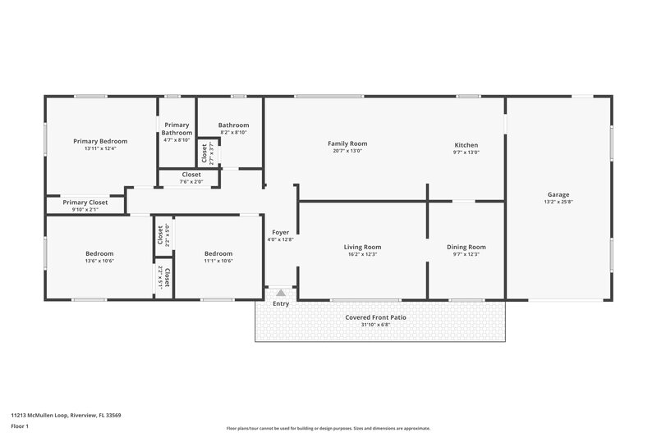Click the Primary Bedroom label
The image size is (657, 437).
(x=100, y=141)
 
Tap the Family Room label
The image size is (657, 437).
(x=347, y=143)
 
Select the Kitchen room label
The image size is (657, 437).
(x=466, y=144)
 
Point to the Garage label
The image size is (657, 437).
(x=558, y=195)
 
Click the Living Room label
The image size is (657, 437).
(x=361, y=247)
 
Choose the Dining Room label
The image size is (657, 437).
(x=466, y=247)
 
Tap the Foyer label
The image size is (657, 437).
(x=280, y=232)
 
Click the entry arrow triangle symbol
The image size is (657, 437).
(x=281, y=292)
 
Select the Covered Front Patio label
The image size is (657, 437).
(x=375, y=316)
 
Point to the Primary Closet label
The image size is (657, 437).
(x=85, y=202)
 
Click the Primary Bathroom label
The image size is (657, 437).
(x=177, y=129)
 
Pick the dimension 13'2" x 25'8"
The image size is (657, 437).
(x=558, y=203)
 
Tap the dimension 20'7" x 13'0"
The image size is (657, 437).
(x=347, y=151)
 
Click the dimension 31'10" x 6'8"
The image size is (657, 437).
(x=375, y=324)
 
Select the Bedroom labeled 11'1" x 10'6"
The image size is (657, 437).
(x=218, y=253)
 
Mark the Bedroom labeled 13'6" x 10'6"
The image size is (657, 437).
(x=99, y=253)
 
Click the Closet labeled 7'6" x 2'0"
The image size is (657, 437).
(x=191, y=175)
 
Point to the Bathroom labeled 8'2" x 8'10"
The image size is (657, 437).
(x=233, y=125)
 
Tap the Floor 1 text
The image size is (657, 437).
(x=21, y=427)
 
